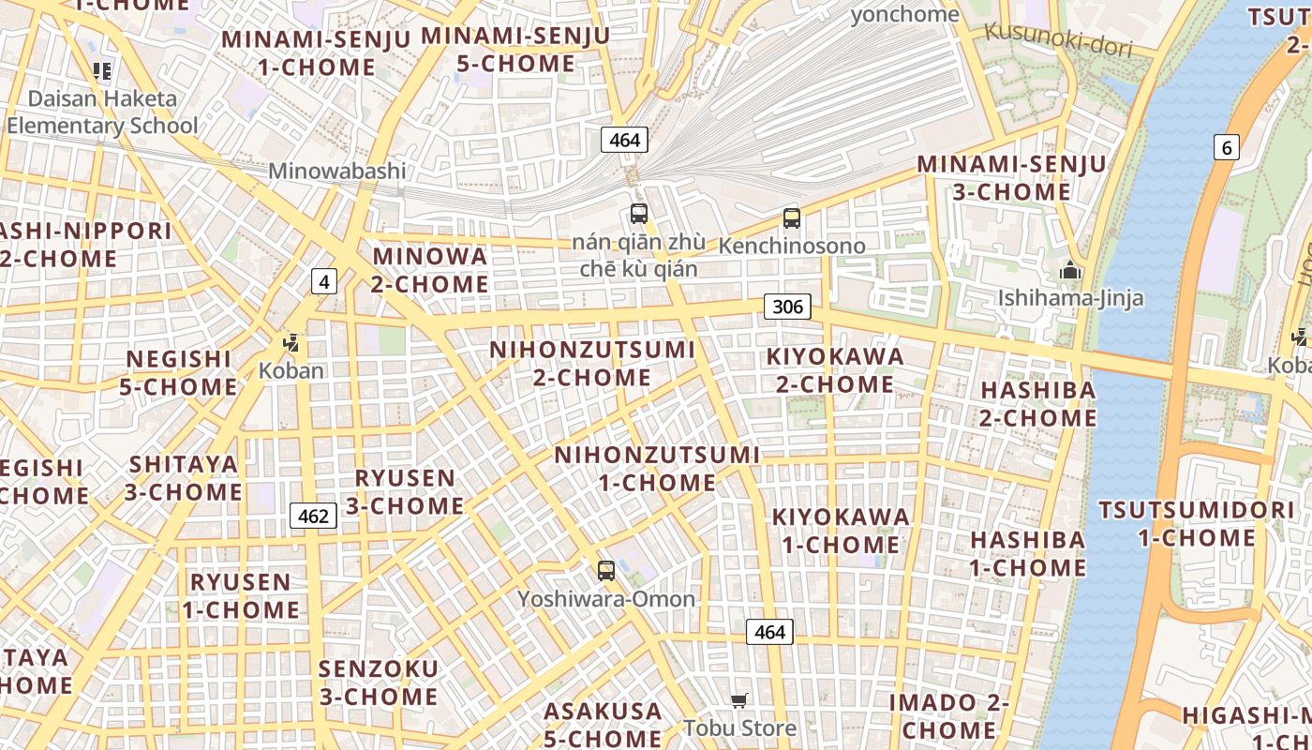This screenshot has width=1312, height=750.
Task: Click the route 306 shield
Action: tap(787, 307)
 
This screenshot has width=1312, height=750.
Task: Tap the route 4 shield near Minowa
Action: tap(323, 281)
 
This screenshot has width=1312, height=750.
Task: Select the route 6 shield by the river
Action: tap(1226, 147)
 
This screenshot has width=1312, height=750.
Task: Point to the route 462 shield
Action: tap(313, 516)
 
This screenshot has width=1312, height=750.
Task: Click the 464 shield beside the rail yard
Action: tap(624, 141)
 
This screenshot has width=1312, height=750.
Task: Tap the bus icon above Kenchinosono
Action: tap(792, 218)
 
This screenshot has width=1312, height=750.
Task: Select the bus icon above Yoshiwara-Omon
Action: tap(606, 570)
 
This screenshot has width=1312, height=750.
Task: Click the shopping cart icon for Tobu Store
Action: tap(739, 700)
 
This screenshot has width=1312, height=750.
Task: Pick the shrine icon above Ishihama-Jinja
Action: tap(1070, 271)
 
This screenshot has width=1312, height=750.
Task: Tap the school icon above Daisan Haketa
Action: tap(102, 70)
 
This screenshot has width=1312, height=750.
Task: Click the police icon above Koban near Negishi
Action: tap(291, 343)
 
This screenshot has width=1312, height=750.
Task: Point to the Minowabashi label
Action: tap(337, 171)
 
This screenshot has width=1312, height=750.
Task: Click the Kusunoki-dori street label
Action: tap(1058, 40)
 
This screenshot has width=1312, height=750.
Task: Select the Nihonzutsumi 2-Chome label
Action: tap(592, 363)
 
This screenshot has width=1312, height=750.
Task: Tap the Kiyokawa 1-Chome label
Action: tap(841, 530)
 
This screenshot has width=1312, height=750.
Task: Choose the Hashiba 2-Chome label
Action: tap(1037, 403)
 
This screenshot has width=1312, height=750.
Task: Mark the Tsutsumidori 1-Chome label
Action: tap(1197, 524)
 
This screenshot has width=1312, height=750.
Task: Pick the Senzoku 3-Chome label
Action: tap(379, 682)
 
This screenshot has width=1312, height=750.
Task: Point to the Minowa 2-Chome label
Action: tap(430, 269)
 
